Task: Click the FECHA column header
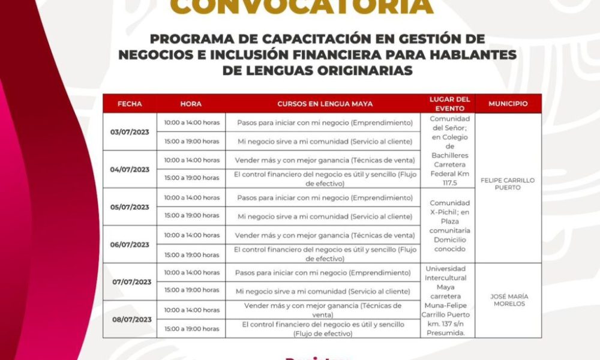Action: (130, 104)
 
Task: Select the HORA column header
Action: (191, 104)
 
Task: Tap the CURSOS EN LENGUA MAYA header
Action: (325, 104)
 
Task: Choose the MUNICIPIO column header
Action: (508, 104)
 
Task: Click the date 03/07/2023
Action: (130, 132)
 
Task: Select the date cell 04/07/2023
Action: (130, 169)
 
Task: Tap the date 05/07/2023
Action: (130, 207)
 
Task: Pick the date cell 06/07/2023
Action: (130, 245)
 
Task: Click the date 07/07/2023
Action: (131, 282)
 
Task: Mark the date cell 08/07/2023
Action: (131, 319)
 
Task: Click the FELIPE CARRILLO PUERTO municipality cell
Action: (508, 184)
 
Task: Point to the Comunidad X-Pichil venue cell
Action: (450, 226)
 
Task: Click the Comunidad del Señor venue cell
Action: (450, 151)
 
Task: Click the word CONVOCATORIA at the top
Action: (301, 7)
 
